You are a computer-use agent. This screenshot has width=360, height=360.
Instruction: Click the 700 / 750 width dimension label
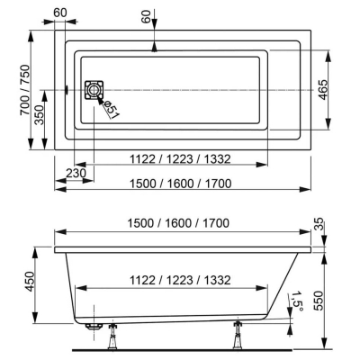[x=25, y=90]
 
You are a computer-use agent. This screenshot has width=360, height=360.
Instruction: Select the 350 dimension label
[x=40, y=115]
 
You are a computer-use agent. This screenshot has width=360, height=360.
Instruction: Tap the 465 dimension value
[x=322, y=90]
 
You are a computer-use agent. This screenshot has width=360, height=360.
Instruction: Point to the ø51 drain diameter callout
[x=111, y=109]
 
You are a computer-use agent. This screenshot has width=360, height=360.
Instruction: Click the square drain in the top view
[x=94, y=90]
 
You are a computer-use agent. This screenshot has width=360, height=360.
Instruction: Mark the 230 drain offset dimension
[x=76, y=173]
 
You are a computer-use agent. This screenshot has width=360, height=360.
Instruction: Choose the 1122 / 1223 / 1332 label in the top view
[x=180, y=158]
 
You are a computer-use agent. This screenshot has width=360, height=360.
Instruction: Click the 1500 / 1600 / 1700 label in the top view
[x=180, y=183]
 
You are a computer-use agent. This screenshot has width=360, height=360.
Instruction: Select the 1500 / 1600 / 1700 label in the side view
[x=178, y=223]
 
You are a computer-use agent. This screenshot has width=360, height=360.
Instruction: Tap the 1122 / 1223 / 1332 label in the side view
[x=180, y=280]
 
